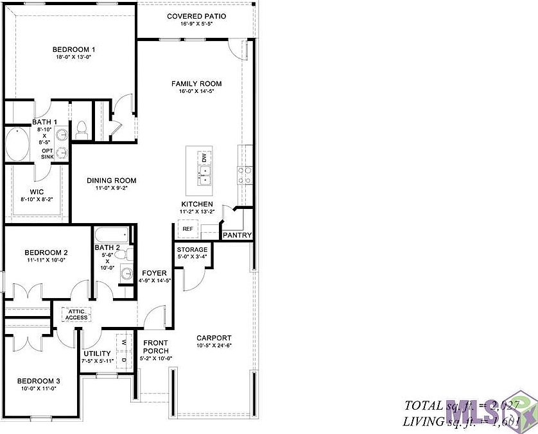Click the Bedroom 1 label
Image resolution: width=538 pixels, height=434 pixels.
click(74, 49)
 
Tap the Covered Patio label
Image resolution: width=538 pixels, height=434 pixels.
click(196, 16)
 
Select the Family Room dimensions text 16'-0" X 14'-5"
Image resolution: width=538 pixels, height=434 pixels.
click(196, 92)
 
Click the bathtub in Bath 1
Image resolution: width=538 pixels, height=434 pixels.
click(17, 144)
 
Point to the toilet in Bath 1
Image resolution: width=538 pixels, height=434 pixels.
click(82, 130)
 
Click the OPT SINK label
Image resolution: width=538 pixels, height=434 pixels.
click(47, 154)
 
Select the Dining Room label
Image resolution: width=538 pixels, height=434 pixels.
click(112, 181)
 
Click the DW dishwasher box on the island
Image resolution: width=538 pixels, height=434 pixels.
click(204, 157)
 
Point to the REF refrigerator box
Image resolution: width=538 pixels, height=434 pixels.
click(187, 228)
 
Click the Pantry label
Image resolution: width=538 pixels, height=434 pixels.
click(237, 235)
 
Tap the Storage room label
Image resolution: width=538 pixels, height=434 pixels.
click(192, 249)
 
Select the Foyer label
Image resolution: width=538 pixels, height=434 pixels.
click(155, 273)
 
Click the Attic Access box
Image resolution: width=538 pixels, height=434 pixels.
click(76, 314)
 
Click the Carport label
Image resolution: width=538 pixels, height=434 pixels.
click(214, 338)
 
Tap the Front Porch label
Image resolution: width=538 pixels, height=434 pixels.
click(156, 347)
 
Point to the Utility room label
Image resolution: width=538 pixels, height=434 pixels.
click(98, 353)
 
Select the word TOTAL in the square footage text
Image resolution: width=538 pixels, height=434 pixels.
click(423, 406)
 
